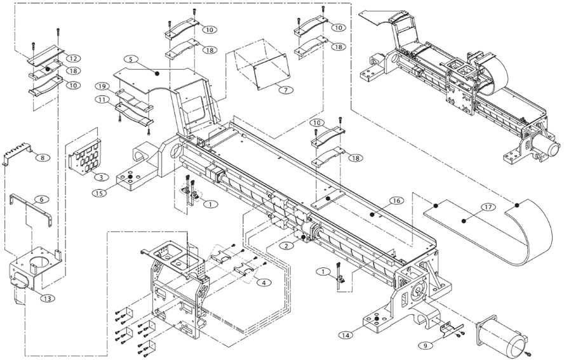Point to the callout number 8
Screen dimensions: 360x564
point(41,157)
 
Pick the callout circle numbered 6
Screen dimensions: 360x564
point(42,199)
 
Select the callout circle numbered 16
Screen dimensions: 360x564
point(395,200)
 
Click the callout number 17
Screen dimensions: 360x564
point(487,206)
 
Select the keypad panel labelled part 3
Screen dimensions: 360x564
point(84,152)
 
